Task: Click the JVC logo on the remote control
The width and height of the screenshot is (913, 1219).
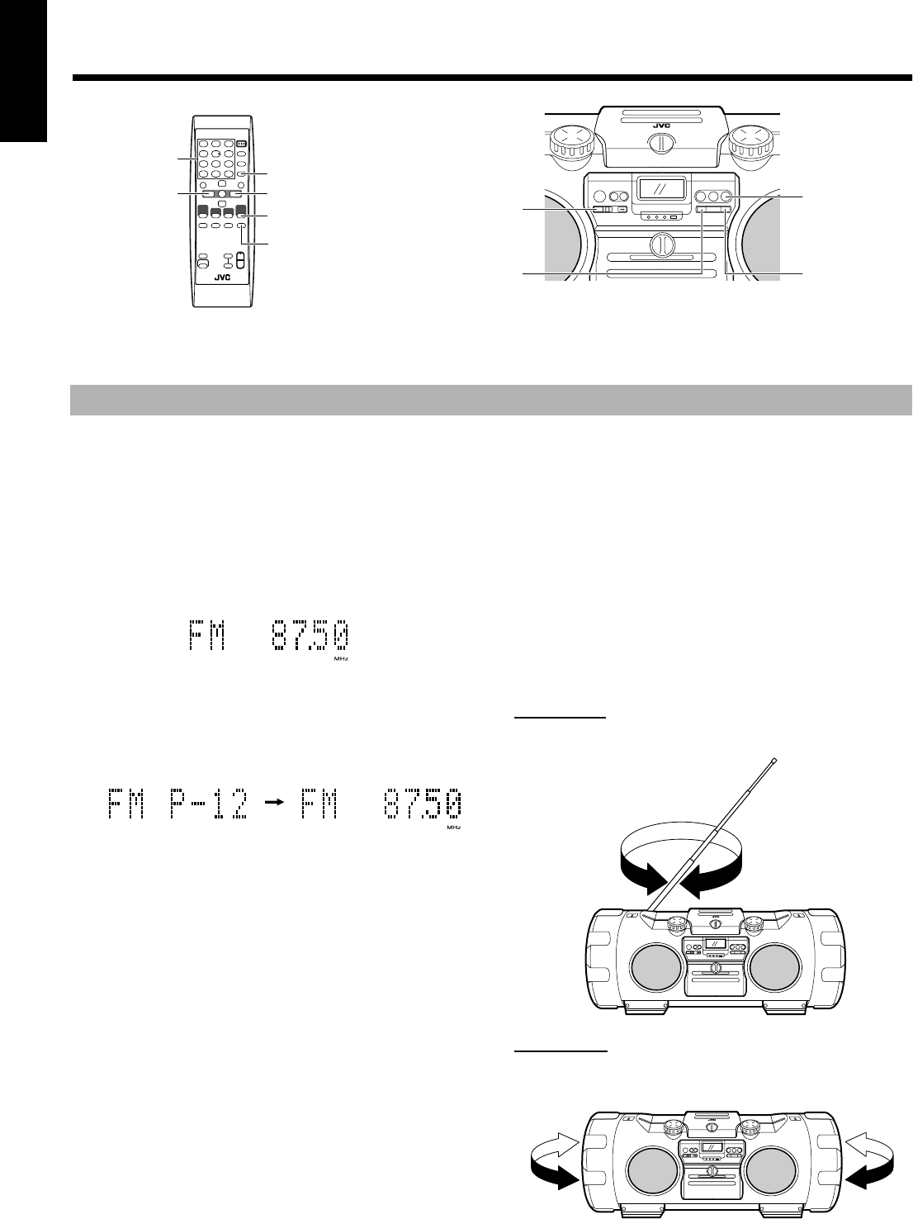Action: pos(222,277)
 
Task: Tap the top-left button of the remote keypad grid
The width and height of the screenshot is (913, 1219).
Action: pos(204,144)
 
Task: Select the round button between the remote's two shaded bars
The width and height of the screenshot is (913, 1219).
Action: pos(221,194)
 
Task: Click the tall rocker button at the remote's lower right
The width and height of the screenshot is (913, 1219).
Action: pos(239,260)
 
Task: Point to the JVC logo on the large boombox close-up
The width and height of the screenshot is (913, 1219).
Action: pos(661,126)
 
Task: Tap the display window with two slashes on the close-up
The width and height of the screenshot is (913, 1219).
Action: pos(660,188)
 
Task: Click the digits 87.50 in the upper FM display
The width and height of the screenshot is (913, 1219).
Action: pos(310,636)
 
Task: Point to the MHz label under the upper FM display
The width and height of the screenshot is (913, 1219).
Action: pos(341,659)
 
